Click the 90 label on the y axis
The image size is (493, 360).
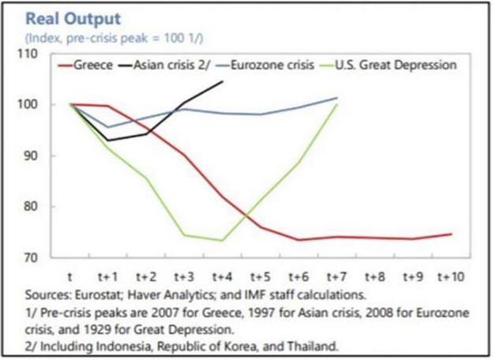pos(35,156)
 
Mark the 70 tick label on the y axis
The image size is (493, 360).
pos(35,257)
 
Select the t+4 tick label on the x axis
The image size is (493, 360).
pos(223,276)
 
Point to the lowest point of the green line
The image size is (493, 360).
pos(222,240)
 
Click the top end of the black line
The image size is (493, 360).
pos(222,81)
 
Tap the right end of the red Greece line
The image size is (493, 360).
pos(451,234)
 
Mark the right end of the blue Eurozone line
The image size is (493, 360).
pos(337,98)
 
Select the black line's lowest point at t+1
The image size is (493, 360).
pos(108,141)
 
